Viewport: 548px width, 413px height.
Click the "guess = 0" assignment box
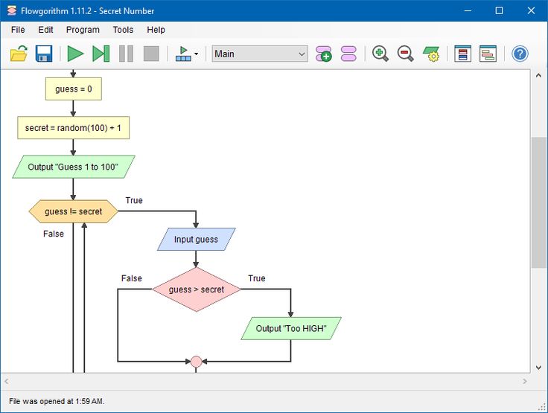[74, 89]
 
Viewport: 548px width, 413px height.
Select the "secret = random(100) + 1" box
[74, 128]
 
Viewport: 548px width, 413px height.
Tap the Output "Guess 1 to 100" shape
[74, 167]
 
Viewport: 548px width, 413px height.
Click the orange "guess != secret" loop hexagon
[74, 211]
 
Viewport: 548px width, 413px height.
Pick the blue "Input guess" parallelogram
[196, 240]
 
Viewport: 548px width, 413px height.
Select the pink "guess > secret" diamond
[197, 289]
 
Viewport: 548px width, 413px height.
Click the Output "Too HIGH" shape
[291, 328]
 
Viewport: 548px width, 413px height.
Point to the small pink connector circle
[196, 362]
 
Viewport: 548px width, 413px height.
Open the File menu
[18, 30]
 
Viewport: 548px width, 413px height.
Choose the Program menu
[83, 30]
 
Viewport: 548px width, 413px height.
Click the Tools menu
[123, 30]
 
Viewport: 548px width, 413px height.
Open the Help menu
[156, 30]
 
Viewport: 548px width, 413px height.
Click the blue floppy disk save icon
[44, 54]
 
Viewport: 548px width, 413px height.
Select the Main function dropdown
[260, 54]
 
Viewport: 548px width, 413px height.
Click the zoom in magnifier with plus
[380, 54]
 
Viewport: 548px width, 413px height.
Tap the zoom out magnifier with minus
[405, 54]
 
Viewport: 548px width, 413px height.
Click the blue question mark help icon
[520, 54]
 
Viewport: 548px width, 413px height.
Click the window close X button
[531, 10]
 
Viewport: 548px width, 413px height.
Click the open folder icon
[19, 54]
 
